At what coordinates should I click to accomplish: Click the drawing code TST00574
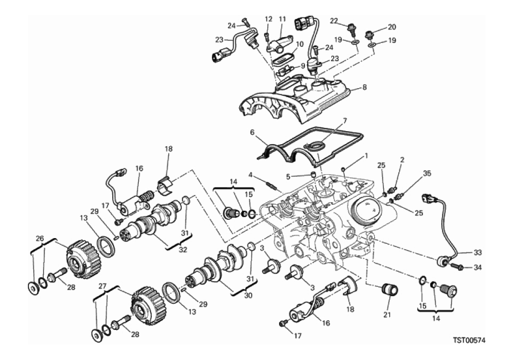tap(469, 340)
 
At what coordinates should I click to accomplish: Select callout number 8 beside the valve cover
tap(364, 87)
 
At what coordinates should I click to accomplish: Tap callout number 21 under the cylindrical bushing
tap(387, 315)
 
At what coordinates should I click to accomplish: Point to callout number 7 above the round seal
tap(345, 121)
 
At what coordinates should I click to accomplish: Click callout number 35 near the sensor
tap(427, 173)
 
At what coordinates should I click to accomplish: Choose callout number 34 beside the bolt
tap(478, 267)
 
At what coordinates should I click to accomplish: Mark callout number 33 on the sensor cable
tap(478, 252)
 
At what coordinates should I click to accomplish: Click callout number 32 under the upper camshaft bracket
tap(183, 249)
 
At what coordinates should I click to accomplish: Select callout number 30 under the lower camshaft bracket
tap(248, 295)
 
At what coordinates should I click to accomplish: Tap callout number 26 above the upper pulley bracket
tap(40, 238)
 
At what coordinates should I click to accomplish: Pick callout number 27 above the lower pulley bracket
tap(103, 286)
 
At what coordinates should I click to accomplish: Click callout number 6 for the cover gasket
tap(252, 132)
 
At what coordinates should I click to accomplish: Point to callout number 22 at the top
tap(334, 21)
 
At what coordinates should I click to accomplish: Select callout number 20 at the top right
tap(392, 27)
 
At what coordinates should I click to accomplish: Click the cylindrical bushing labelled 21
tap(390, 291)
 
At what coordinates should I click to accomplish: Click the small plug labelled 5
tap(313, 173)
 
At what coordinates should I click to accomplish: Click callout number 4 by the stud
tap(250, 174)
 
